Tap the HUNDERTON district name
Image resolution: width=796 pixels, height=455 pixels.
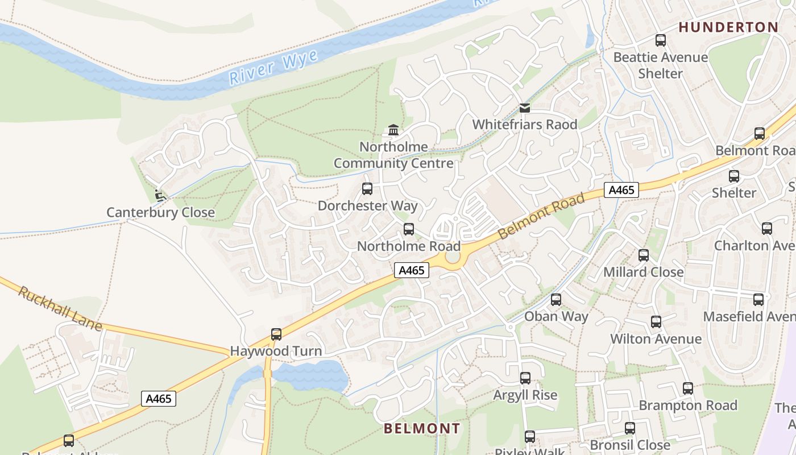[x=728, y=27]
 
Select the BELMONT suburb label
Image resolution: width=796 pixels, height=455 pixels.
[x=422, y=428]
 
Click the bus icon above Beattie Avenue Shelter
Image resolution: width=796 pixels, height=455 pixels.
[x=660, y=40]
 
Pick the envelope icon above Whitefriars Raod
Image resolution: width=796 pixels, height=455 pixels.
[x=525, y=107]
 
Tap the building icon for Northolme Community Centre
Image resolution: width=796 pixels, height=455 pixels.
[x=393, y=130]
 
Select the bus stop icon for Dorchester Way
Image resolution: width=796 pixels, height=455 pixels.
[x=367, y=189]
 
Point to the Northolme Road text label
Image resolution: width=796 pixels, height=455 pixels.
[x=408, y=246]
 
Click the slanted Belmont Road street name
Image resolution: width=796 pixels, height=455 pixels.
[x=541, y=216]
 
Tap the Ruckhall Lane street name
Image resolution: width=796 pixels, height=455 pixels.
[x=60, y=309]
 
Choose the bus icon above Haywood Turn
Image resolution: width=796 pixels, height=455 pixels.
[x=276, y=334]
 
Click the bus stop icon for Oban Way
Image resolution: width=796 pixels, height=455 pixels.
[x=556, y=300]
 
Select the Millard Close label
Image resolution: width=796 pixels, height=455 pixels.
[x=643, y=272]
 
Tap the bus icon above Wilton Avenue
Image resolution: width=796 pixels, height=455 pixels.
[x=656, y=322]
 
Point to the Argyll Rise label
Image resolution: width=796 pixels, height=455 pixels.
[x=525, y=395]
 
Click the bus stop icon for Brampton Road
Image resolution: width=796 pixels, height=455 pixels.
[x=688, y=388]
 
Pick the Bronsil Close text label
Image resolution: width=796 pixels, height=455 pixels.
[x=629, y=444]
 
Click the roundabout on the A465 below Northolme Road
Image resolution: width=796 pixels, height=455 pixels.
[x=453, y=257]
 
